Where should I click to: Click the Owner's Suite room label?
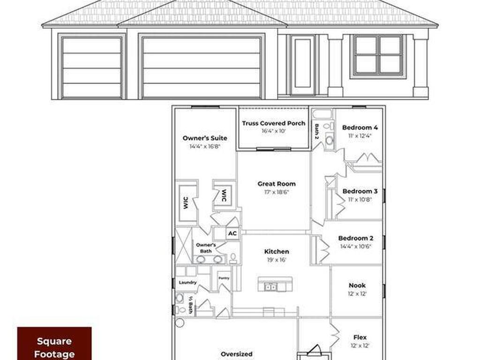(205, 138)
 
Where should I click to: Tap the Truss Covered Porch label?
(274, 123)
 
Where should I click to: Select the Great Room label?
(277, 184)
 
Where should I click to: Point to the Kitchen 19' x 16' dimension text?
(277, 260)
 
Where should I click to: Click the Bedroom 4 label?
(360, 127)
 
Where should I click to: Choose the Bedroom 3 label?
(360, 191)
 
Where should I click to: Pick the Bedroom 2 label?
(356, 238)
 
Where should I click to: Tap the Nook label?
(357, 285)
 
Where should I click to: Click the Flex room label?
(360, 337)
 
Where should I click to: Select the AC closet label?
(232, 233)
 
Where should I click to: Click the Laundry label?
(187, 283)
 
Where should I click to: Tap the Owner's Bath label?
(206, 248)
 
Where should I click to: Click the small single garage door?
(92, 67)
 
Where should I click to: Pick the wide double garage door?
(202, 67)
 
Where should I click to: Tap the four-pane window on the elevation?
(378, 55)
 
